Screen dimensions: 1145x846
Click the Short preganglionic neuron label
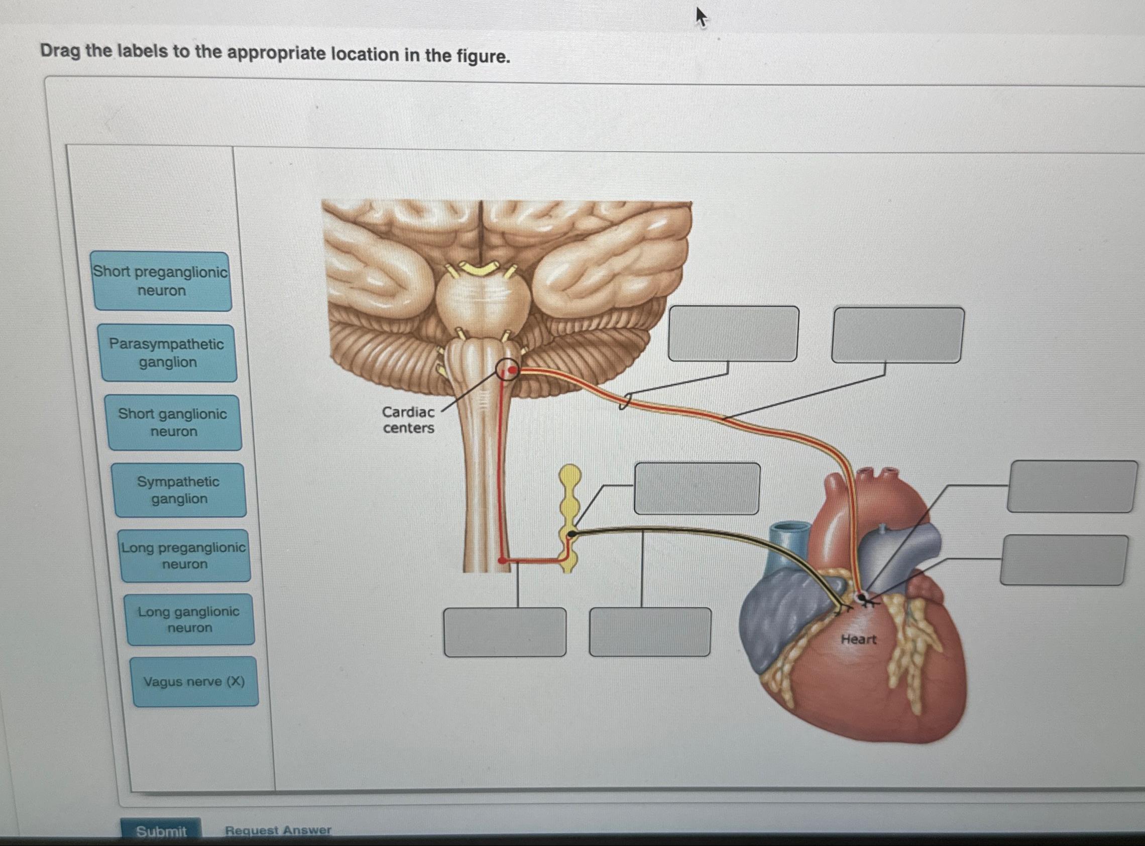[161, 281]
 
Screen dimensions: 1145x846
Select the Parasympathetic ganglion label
[167, 353]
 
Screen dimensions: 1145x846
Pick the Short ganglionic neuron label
[173, 422]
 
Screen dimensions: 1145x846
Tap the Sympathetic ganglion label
[179, 490]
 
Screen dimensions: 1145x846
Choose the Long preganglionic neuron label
[184, 556]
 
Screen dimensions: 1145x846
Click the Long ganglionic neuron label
[189, 619]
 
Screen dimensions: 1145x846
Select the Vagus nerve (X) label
[194, 682]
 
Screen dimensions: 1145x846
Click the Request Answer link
[278, 830]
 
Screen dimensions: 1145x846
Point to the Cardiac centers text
[408, 419]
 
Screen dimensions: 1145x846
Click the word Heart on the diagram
[858, 639]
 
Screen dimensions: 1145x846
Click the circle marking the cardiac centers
[508, 370]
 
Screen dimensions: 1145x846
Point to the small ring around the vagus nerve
[625, 401]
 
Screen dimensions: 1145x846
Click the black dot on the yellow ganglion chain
[572, 534]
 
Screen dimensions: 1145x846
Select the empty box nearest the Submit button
[505, 632]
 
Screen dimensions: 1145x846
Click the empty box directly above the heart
[897, 335]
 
